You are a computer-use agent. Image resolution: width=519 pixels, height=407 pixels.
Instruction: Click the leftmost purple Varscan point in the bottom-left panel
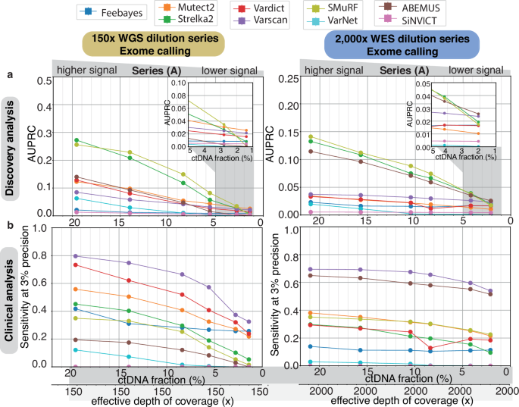coord(75,255)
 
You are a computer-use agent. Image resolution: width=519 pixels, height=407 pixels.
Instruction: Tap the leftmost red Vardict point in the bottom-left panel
coord(75,265)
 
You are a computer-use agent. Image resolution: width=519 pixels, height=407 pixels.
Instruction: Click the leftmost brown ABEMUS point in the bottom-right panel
coord(311,275)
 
